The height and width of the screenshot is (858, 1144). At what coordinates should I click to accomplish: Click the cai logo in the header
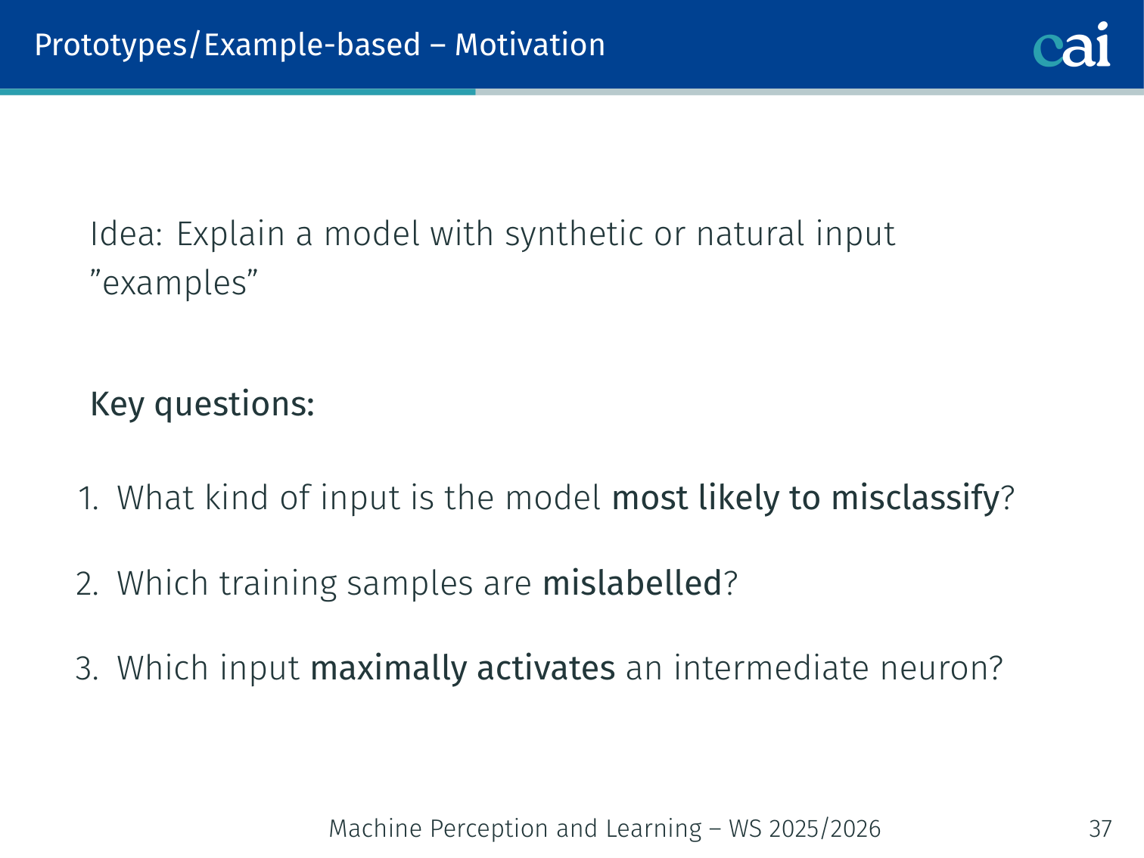(x=1071, y=45)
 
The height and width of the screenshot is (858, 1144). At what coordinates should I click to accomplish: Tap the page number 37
(x=1100, y=828)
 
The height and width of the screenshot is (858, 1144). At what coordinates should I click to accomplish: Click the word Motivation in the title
(x=530, y=45)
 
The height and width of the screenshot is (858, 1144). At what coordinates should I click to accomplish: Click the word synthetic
(x=574, y=235)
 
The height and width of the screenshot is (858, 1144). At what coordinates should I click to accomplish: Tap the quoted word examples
(x=174, y=284)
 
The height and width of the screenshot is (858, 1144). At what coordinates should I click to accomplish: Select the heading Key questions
(x=202, y=405)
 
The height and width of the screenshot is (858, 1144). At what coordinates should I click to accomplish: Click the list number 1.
(x=88, y=498)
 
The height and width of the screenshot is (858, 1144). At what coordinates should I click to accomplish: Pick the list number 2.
(x=87, y=583)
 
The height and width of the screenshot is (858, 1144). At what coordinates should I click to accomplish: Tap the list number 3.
(x=87, y=668)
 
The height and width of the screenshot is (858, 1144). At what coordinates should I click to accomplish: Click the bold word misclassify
(x=916, y=499)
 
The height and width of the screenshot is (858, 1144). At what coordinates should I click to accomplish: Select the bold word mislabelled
(x=633, y=583)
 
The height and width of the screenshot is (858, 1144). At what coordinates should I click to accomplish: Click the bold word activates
(x=546, y=668)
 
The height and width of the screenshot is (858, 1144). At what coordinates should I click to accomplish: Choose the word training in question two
(x=278, y=584)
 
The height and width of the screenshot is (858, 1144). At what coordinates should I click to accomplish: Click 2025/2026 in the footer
(x=825, y=828)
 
